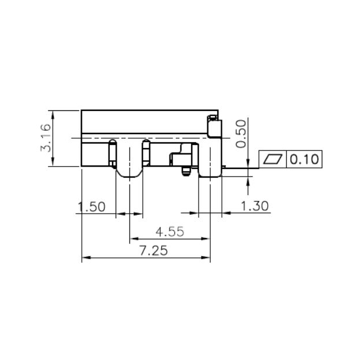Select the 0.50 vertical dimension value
click(241, 134)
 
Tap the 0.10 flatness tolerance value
click(304, 159)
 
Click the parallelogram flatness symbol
click(273, 159)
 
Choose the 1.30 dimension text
click(254, 206)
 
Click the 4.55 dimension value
click(170, 232)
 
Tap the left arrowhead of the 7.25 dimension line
click(85, 258)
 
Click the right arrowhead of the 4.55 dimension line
click(206, 238)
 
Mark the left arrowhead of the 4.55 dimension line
click(133, 238)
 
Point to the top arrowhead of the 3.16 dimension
click(53, 113)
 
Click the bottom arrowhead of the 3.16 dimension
click(53, 164)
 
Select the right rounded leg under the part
click(210, 172)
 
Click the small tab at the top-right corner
click(213, 118)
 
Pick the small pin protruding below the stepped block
click(185, 170)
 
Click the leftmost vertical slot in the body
click(110, 153)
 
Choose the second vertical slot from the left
click(146, 153)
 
